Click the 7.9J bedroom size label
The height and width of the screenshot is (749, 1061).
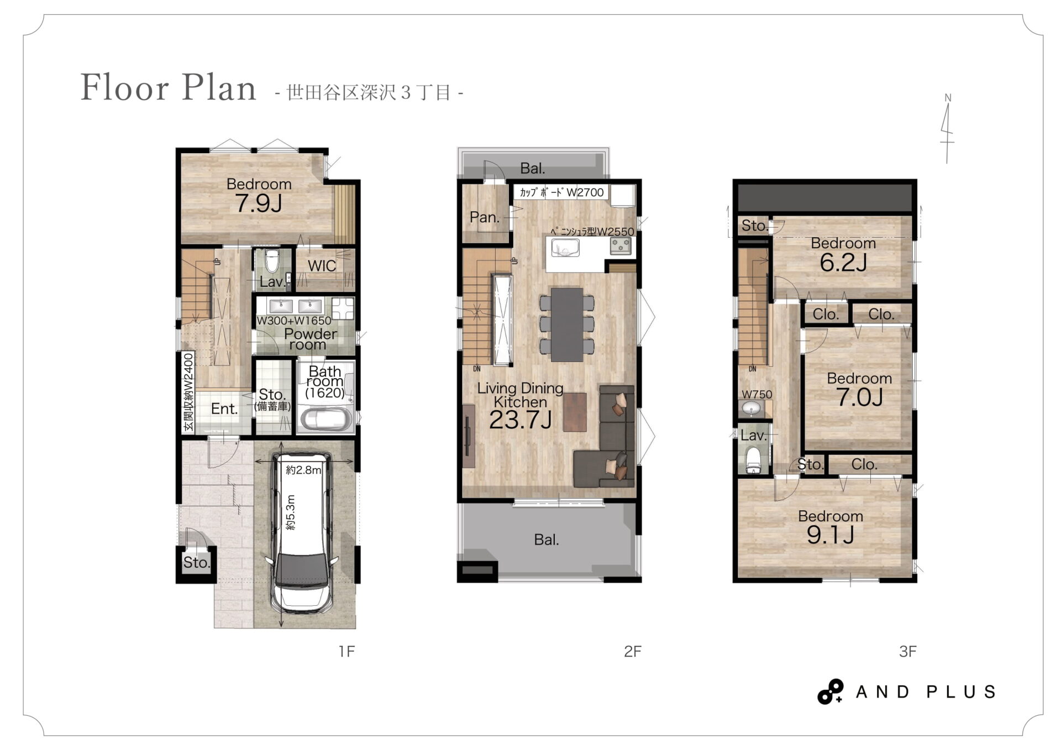tap(259, 204)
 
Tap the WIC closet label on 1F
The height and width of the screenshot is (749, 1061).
tap(322, 266)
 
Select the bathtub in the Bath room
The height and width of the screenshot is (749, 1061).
tap(326, 420)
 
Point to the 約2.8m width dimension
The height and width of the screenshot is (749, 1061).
tap(303, 470)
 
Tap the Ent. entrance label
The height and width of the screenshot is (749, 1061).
tap(224, 409)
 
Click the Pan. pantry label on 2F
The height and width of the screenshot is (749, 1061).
tap(485, 218)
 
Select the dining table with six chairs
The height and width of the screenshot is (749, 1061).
tap(566, 324)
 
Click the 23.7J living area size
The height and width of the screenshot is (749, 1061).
tap(520, 420)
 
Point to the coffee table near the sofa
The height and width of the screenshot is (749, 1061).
tap(575, 412)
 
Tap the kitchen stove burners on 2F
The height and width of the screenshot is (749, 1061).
tap(621, 246)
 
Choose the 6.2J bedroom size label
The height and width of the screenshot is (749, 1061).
tap(843, 263)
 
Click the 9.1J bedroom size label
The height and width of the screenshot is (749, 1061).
tap(831, 535)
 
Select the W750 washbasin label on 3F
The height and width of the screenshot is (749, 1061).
tap(757, 395)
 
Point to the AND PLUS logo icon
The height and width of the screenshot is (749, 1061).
tap(831, 692)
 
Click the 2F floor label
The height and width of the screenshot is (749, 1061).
tap(632, 652)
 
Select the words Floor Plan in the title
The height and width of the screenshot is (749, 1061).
tap(169, 88)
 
